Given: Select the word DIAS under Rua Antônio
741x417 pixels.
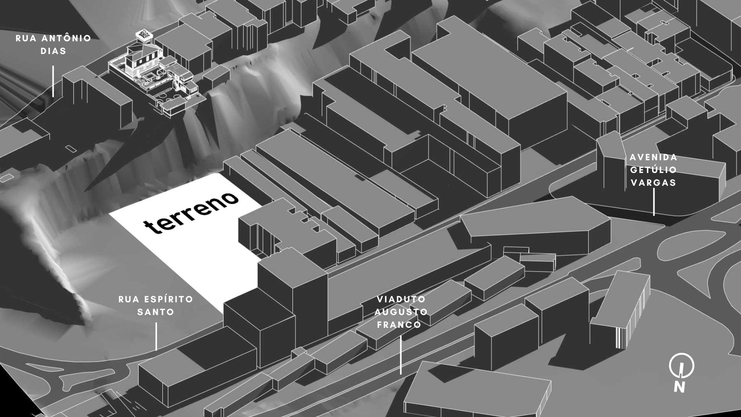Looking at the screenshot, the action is tap(53, 51).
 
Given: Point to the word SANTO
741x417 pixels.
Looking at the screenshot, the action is tap(156, 312).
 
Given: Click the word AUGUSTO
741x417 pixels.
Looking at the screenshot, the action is tap(401, 312).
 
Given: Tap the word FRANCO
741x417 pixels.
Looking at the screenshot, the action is tap(399, 324).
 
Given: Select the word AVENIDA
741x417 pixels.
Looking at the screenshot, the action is tap(653, 158).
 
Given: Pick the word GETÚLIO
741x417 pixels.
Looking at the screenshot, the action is tap(653, 170).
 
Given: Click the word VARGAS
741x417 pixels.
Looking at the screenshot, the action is tap(653, 183).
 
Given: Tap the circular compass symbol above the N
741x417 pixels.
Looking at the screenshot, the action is tap(682, 365).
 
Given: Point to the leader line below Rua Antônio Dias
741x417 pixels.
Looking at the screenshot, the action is tap(53, 81).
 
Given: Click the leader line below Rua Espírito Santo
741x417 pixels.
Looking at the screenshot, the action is tap(156, 336).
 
